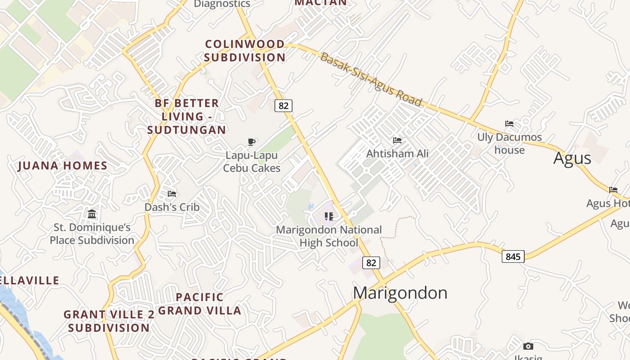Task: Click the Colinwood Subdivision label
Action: pos(245,51)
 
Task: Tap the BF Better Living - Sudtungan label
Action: pos(187,117)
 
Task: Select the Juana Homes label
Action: pos(63,166)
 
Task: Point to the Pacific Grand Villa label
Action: pos(200,304)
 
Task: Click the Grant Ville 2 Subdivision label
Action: pos(109,321)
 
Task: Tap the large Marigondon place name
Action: pos(400,293)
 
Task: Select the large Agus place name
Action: pos(572,158)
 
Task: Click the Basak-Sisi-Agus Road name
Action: pos(371,80)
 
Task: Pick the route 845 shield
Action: pos(513,257)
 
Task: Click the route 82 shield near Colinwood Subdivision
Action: pos(283,106)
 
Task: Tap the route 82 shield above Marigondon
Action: pos(371,263)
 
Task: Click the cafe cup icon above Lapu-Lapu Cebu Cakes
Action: pos(252,142)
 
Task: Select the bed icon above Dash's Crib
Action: pos(172,194)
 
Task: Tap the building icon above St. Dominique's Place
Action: pos(92,214)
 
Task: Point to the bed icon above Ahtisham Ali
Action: pos(397,140)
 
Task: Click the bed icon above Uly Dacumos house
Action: pos(509,124)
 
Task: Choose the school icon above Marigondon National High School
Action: pos(329,216)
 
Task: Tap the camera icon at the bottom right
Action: pos(528,346)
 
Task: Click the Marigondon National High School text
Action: pos(328,236)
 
